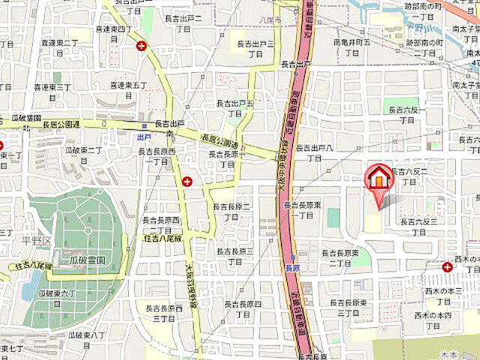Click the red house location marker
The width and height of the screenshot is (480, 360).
pos(379,181)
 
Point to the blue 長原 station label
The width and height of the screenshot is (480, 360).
pos(292,267)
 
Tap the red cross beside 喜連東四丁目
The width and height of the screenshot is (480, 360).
pos(141,46)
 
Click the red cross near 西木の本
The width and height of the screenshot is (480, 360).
pos(447,266)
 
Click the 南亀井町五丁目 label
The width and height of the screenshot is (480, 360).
pos(352,49)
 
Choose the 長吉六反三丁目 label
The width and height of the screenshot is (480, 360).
pos(418,226)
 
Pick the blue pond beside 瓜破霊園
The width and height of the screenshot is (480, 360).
pos(31,285)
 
